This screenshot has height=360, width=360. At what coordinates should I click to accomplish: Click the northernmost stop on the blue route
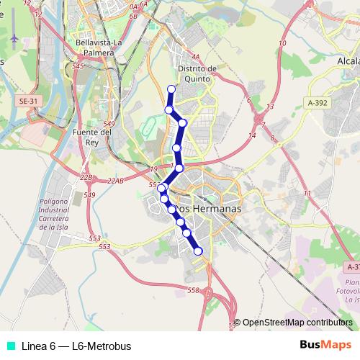coord(171,89)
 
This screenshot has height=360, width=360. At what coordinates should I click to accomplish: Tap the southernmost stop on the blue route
coord(198,251)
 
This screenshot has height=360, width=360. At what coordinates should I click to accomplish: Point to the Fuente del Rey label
coord(92,137)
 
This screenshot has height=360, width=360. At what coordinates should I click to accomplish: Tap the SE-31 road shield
coord(27,102)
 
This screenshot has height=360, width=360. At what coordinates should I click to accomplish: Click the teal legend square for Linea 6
coord(9,346)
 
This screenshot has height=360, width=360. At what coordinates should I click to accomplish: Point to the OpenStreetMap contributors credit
coord(297,323)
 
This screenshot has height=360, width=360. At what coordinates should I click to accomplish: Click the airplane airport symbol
coord(15,37)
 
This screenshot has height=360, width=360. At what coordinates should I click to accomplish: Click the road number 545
coord(78,66)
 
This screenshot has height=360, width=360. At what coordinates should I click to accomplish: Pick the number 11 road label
coord(307,194)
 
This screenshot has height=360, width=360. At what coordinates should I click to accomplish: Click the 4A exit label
coord(194,55)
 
